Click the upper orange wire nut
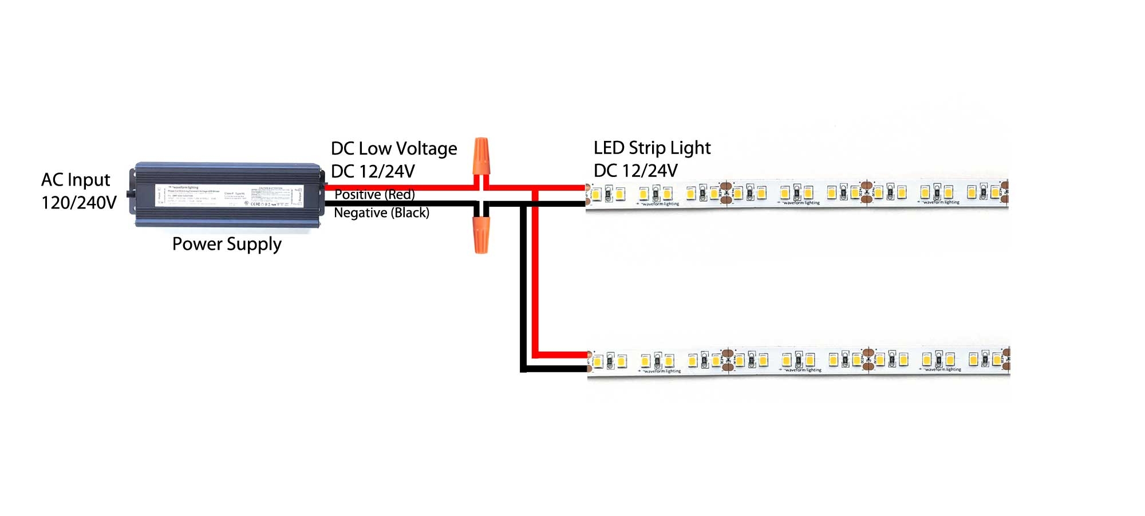coord(481,156)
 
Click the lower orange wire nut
coord(481,234)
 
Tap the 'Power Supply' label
coord(227,245)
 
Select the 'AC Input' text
coord(76,180)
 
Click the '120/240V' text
coord(79,203)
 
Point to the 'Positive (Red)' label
coord(374,195)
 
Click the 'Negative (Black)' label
coord(381,213)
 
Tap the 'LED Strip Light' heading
coord(652,148)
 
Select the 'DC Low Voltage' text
coord(394,149)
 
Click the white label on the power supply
coord(229,195)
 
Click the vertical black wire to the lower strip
coord(523,286)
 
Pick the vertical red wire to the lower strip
coord(535,275)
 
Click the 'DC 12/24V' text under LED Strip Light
coord(635,171)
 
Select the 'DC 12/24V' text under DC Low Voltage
coord(373,171)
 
